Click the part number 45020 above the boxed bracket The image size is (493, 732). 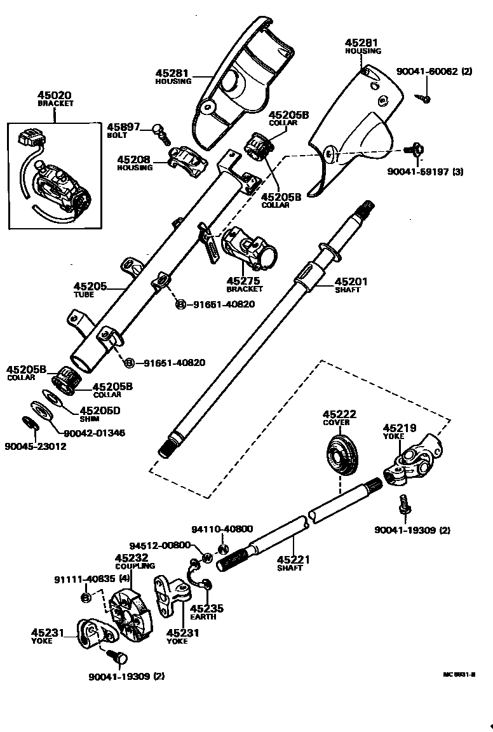(55, 95)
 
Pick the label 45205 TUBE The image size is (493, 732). (90, 287)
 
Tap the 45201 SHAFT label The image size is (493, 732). (351, 281)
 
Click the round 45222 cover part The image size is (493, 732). (343, 456)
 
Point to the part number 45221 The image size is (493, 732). (294, 559)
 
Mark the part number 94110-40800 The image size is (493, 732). (222, 529)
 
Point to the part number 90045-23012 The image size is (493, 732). (36, 446)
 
